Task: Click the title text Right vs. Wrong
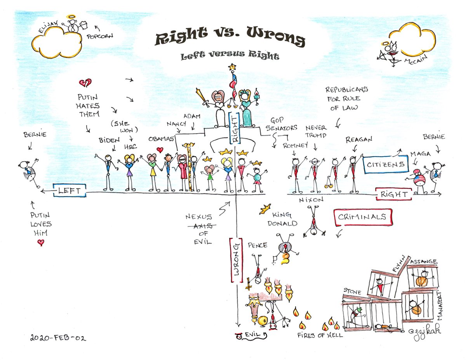tap(230, 39)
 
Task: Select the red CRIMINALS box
tap(363, 217)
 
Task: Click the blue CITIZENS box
tap(386, 165)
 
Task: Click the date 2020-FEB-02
tap(58, 338)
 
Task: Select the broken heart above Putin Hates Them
tap(85, 83)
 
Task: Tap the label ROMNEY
tap(296, 146)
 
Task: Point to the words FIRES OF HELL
tap(320, 335)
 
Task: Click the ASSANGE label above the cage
tap(423, 261)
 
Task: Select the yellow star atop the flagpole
tap(232, 67)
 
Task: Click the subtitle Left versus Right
tap(230, 56)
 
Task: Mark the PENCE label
tap(257, 245)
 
